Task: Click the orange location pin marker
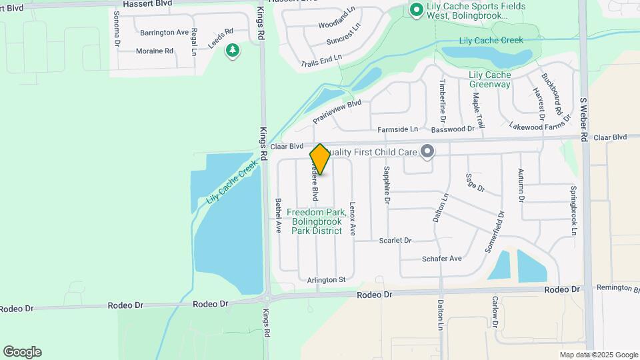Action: (320, 159)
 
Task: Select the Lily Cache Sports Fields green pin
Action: (416, 9)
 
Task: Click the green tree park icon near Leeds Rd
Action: (233, 51)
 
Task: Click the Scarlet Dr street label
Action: (395, 240)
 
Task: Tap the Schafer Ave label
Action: (441, 258)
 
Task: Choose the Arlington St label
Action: (326, 280)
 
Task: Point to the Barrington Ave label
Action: (165, 32)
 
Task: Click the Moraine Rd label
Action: (154, 51)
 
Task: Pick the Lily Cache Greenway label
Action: (489, 79)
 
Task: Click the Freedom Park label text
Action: (316, 221)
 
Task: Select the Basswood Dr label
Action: (452, 129)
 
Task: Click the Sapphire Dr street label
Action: (385, 183)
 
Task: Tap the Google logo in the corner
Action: (22, 352)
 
